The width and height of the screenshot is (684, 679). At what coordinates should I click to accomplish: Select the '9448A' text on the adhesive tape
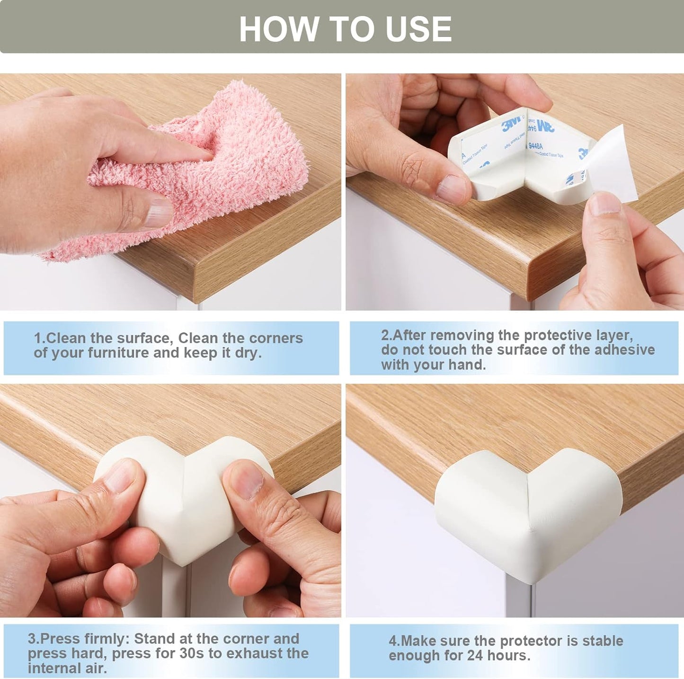click(x=535, y=146)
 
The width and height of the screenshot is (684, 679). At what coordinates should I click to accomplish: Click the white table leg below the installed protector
click(x=518, y=599)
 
